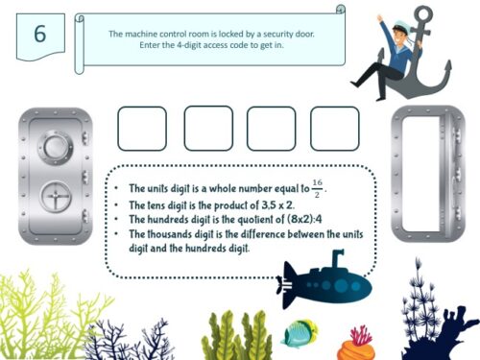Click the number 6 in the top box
point(40,34)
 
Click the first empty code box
point(142,129)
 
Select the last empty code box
point(335,129)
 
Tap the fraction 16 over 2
point(317,188)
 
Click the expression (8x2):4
point(304,219)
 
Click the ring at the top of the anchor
point(423,14)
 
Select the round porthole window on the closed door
point(55,148)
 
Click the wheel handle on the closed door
point(56,197)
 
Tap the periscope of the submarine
point(337,258)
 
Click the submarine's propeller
point(285,284)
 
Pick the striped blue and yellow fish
point(300,333)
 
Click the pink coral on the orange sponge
point(361,335)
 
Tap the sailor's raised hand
point(380,18)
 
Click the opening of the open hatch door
point(421,174)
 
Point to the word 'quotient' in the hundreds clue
point(256,219)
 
